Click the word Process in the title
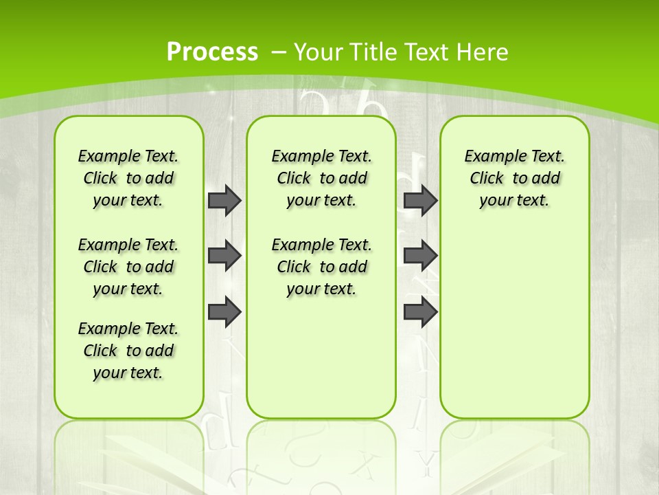click(212, 52)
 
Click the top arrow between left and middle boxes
click(224, 200)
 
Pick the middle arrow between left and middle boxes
click(224, 256)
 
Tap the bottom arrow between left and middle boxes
click(224, 312)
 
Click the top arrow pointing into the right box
click(420, 200)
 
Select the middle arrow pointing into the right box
click(420, 256)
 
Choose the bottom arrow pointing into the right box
click(420, 312)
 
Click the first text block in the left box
click(128, 178)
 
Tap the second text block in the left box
click(128, 267)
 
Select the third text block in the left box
click(128, 351)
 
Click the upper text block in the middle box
click(321, 178)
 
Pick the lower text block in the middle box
click(321, 267)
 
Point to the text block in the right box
click(514, 178)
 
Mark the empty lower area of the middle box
click(321, 357)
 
